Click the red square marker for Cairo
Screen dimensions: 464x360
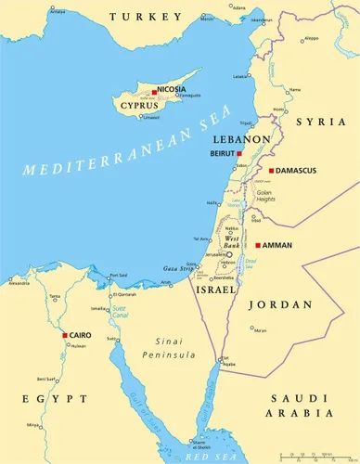coord(63,335)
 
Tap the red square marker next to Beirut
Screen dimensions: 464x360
coord(239,153)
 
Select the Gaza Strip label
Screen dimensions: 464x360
coord(177,267)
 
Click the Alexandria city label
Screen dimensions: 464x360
coord(19,284)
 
